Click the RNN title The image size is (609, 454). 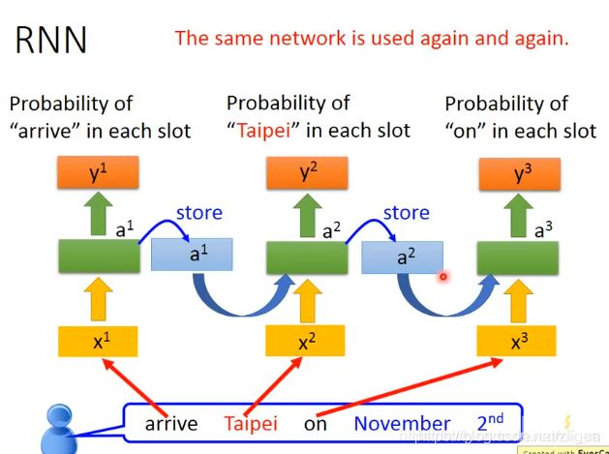(51, 39)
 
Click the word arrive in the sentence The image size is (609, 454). (171, 423)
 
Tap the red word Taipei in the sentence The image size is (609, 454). (250, 423)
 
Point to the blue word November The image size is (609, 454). (402, 423)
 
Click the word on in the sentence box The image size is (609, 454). (315, 423)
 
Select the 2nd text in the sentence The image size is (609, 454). (490, 423)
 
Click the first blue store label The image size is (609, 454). (198, 212)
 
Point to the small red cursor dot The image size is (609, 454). (442, 277)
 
